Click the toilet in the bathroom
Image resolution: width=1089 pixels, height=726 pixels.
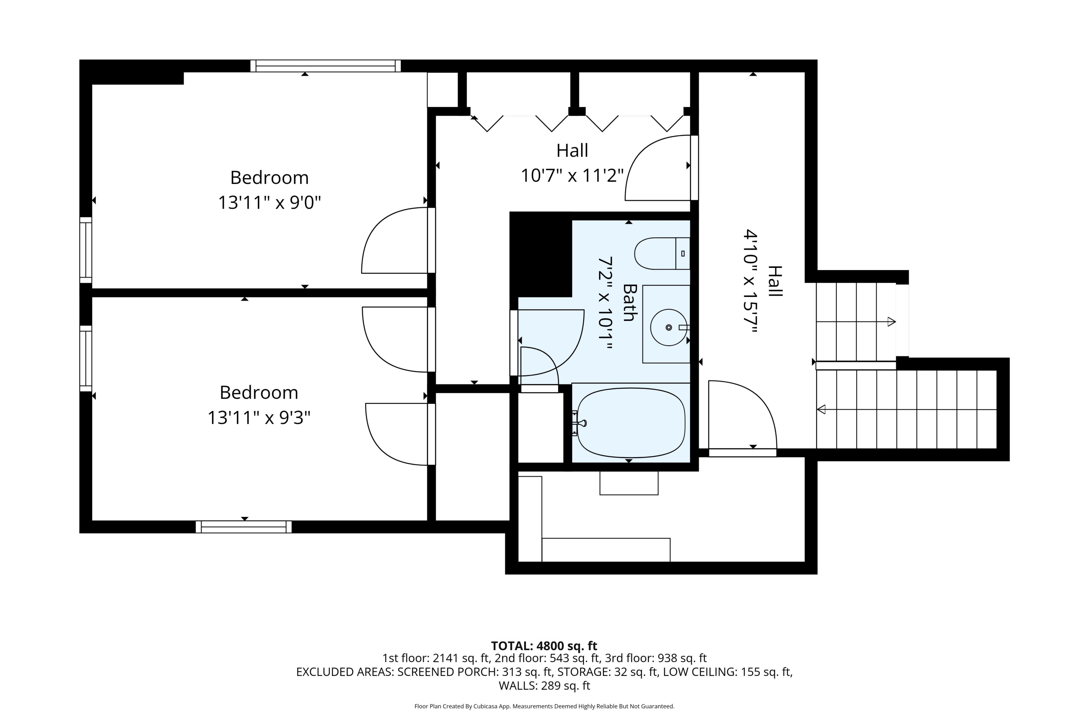(x=662, y=254)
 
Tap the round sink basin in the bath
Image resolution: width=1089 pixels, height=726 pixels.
(x=669, y=327)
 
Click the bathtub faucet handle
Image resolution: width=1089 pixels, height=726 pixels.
(x=580, y=423)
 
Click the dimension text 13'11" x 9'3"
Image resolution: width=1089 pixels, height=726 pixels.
(x=259, y=418)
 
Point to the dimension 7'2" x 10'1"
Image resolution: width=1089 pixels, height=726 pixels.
(x=605, y=304)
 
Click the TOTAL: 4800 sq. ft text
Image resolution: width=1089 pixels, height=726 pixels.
(x=544, y=646)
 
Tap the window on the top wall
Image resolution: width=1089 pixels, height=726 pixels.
(x=326, y=66)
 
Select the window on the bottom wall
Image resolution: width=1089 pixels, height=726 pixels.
(x=244, y=527)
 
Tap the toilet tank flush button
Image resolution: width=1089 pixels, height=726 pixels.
(x=683, y=254)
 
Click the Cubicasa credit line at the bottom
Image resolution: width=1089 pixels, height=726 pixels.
(x=544, y=706)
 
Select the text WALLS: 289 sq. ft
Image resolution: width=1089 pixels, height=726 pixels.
(x=544, y=686)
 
